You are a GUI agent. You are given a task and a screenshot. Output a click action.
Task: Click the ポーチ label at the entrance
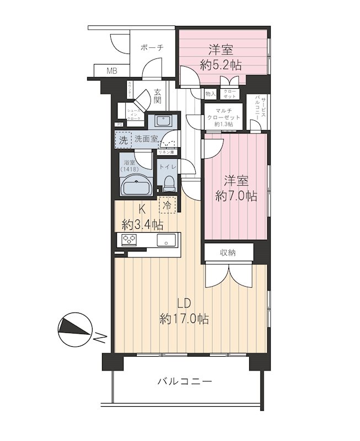152,48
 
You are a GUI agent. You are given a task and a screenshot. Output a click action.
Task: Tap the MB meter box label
112,71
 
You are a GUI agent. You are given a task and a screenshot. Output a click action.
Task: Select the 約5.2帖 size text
221,64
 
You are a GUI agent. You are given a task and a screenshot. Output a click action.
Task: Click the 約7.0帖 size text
235,196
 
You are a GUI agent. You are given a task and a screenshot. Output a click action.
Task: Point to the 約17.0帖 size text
184,319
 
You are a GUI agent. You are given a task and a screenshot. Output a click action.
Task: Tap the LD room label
184,303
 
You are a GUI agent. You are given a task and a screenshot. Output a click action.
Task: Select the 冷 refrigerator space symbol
168,206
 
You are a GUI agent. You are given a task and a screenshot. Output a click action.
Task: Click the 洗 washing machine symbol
123,140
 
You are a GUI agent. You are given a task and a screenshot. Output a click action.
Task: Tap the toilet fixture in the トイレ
168,182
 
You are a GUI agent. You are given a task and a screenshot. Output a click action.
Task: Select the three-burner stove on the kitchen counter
129,240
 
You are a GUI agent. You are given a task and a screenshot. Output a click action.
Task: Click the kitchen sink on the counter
165,240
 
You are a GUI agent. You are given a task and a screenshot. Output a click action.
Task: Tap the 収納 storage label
229,252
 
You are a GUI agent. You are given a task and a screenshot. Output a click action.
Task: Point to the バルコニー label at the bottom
184,381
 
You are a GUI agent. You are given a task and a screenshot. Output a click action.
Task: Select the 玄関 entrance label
158,97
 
